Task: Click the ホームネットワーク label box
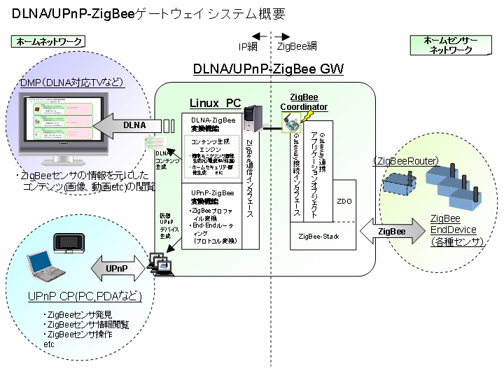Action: click(x=48, y=42)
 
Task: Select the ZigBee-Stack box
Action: click(x=318, y=237)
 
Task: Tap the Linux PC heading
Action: click(x=215, y=103)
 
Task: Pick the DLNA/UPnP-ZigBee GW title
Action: click(x=268, y=69)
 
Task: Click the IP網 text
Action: click(x=248, y=47)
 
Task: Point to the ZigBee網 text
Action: click(x=297, y=47)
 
